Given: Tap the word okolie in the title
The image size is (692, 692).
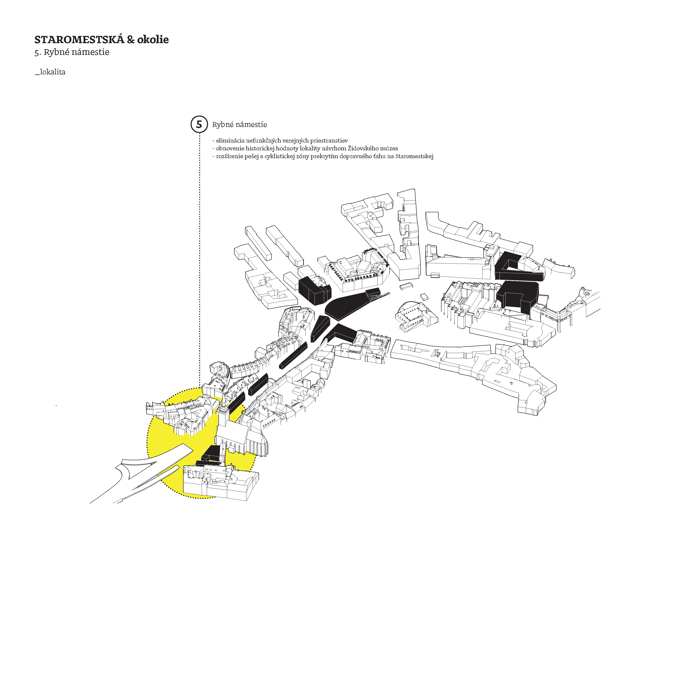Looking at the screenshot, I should [153, 40].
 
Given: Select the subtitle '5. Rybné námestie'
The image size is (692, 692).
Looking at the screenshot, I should [72, 52].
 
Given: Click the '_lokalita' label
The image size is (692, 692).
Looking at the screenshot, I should [50, 72].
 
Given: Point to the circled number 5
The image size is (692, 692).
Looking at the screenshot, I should [199, 125].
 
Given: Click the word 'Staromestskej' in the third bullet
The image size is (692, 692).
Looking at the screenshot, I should [414, 156].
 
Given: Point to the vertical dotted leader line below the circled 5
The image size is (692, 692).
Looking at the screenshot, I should [200, 251].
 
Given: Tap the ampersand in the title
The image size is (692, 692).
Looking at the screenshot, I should [131, 40].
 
